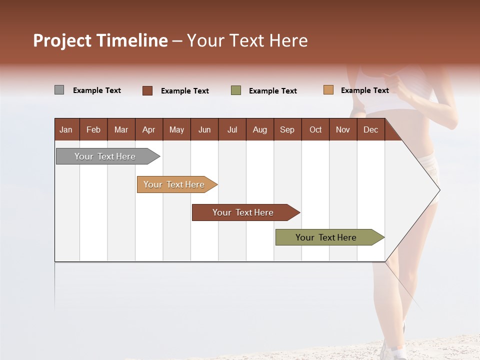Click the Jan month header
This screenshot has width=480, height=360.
[66, 130]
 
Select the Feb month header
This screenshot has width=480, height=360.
[93, 130]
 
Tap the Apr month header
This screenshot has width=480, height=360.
[148, 130]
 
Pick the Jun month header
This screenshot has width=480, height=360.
[204, 130]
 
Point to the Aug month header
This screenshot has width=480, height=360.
[259, 130]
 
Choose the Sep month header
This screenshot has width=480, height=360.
[287, 130]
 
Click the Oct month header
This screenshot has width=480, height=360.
[315, 130]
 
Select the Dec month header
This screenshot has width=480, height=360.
[370, 130]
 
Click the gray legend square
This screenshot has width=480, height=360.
[59, 90]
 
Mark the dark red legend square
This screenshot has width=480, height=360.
[147, 90]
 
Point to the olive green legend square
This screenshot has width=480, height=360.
[236, 90]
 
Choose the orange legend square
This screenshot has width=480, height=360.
[328, 90]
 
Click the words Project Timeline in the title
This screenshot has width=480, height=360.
[100, 40]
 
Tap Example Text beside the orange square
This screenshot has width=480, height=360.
[364, 90]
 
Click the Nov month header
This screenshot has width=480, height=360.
[343, 130]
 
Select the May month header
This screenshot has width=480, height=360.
[176, 130]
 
